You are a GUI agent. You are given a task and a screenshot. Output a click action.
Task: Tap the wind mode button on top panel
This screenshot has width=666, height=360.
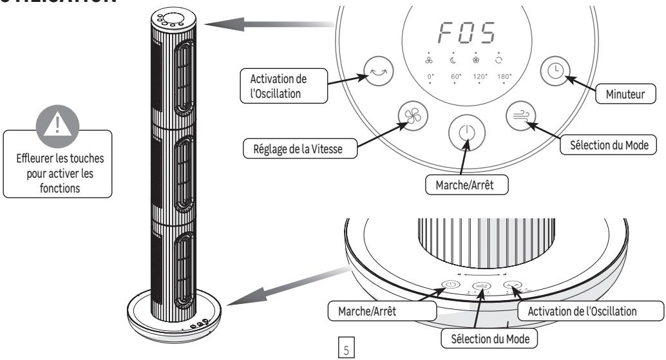(519, 115)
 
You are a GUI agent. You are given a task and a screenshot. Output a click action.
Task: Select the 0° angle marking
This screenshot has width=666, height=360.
(430, 76)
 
